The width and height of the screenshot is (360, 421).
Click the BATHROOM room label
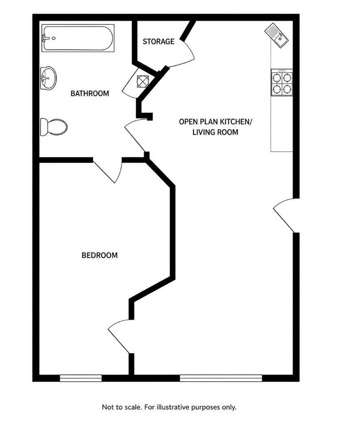click(x=90, y=93)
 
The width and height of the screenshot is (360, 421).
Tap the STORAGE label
click(x=158, y=42)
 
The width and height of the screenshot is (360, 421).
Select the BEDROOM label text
click(x=100, y=255)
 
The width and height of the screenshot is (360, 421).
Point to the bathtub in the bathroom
click(x=78, y=38)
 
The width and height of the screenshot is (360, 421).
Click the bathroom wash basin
click(x=48, y=78)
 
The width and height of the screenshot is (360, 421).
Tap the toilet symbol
click(x=54, y=127)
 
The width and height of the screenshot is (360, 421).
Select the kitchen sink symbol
click(x=276, y=36)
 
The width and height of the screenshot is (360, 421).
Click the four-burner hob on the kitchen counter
click(x=282, y=82)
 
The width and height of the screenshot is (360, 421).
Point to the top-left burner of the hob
click(x=277, y=78)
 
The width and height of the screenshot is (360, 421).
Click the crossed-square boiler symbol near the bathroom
click(x=142, y=81)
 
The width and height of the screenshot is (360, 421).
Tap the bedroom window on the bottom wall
click(x=80, y=378)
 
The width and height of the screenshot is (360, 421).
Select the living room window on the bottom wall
click(x=221, y=378)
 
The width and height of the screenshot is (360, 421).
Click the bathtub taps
click(x=45, y=38)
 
